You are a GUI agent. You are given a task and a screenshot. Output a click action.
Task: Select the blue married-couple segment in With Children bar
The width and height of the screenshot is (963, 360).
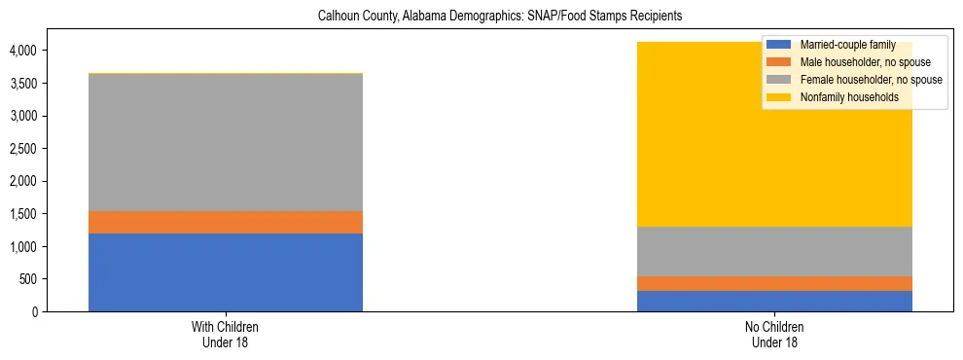(x=226, y=272)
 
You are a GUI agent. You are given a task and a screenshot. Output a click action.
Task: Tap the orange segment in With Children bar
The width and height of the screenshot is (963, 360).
(x=226, y=223)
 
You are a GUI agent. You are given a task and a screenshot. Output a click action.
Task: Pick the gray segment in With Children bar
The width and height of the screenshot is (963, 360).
(x=226, y=142)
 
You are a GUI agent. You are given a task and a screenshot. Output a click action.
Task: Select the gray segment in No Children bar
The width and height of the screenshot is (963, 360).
(x=774, y=252)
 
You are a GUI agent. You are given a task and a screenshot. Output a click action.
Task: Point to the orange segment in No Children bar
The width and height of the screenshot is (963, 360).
(x=774, y=283)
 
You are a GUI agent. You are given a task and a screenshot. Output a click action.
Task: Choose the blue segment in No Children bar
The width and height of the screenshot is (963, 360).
(x=774, y=301)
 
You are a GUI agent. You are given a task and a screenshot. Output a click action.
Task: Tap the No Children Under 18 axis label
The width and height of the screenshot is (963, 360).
(x=774, y=334)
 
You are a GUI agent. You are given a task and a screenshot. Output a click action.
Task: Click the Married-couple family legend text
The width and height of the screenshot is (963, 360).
(x=841, y=46)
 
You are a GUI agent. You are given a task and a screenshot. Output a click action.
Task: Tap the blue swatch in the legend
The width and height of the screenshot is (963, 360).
(x=778, y=46)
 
